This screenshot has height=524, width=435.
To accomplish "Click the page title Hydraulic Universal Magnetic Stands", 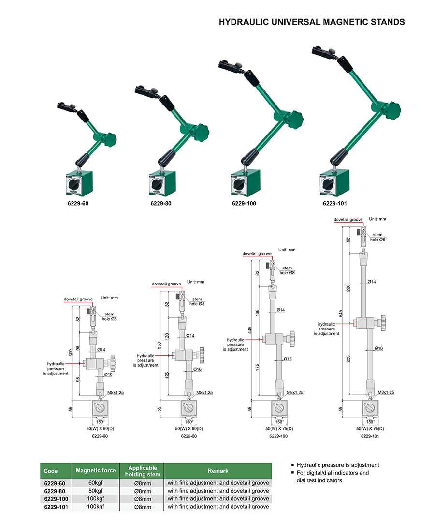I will pos(312,22).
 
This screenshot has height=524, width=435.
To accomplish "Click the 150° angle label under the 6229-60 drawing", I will pos(99,421).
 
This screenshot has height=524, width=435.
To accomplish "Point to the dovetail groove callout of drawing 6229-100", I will pos(257,254).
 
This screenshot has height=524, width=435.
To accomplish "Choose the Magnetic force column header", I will pos(96,470).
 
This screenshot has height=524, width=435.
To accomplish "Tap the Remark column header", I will pos(217,470).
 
